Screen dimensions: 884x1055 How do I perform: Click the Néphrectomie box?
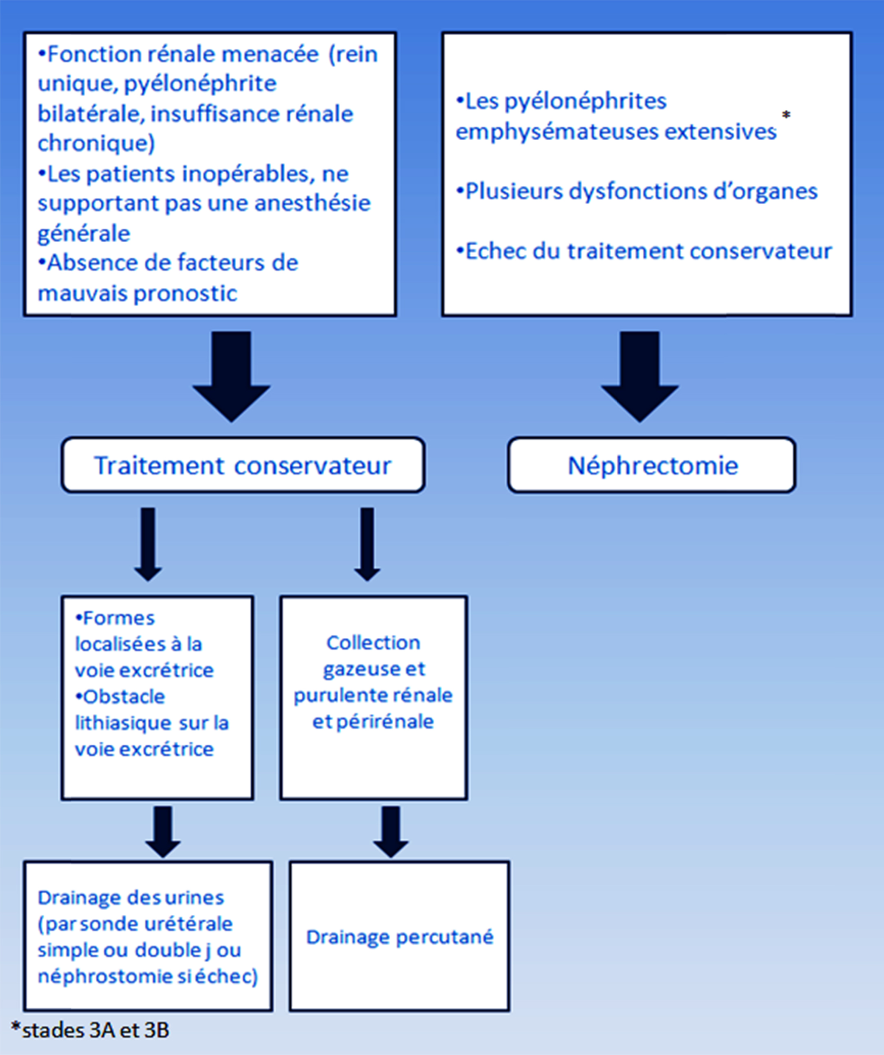[x=651, y=465]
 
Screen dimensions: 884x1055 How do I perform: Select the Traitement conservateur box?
[x=243, y=465]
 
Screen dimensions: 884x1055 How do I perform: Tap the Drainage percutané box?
[x=399, y=936]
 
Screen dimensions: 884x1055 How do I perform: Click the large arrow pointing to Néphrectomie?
[x=640, y=377]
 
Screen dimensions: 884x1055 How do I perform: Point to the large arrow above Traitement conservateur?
[x=232, y=377]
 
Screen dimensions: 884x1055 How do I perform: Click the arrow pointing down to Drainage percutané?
[x=390, y=832]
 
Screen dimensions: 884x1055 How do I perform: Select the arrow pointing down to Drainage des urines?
[x=163, y=832]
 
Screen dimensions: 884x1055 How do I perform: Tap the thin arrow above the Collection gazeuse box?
[x=368, y=544]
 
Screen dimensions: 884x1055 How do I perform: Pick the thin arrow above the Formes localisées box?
[x=148, y=544]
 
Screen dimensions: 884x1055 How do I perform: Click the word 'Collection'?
[x=373, y=643]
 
